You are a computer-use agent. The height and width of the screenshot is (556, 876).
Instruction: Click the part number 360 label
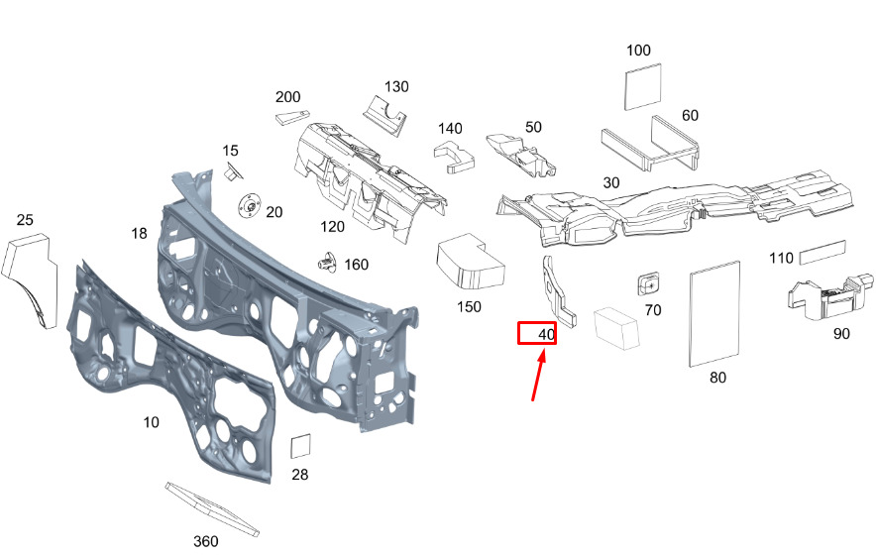tap(205, 541)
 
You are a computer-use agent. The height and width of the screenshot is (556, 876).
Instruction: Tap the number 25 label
tap(25, 220)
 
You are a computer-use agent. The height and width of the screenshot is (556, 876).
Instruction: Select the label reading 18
tap(139, 233)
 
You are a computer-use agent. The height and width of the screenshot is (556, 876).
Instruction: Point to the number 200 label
tap(287, 97)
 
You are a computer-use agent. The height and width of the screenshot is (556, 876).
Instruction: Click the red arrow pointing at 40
tap(538, 374)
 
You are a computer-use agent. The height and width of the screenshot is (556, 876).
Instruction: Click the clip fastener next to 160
tap(327, 263)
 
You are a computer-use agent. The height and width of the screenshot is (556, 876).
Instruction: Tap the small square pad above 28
tap(300, 446)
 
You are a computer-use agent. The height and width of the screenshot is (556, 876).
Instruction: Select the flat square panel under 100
tap(642, 86)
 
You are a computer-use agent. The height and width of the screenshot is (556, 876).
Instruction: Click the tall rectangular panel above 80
tap(714, 313)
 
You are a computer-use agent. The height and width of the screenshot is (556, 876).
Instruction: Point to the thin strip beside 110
tap(822, 252)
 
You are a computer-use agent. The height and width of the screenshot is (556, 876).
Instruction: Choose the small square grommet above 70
tap(648, 283)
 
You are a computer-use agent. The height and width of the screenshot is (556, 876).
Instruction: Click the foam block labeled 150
tap(471, 262)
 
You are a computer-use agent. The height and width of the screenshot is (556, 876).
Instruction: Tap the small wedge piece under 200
tap(291, 117)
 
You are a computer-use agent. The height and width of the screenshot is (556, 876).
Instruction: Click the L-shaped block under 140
tap(454, 157)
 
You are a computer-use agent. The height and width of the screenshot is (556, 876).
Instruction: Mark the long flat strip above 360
tap(212, 508)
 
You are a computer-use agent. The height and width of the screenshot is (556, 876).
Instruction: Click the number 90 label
tap(840, 334)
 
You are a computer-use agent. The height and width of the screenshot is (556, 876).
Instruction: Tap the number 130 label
tap(396, 86)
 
